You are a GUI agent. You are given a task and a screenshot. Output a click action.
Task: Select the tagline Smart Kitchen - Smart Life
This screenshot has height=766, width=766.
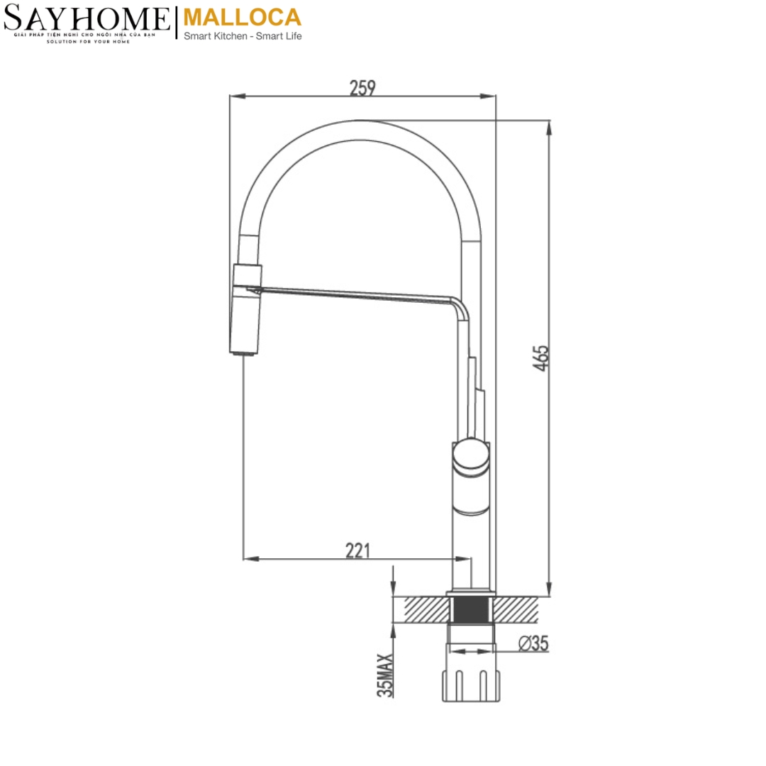(243, 36)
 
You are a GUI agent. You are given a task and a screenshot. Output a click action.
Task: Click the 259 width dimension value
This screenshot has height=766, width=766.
(362, 87)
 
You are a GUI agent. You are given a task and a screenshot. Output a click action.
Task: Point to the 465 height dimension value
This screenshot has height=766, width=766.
(540, 358)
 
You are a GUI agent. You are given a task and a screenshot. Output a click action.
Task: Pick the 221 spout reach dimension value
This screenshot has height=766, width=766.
(357, 550)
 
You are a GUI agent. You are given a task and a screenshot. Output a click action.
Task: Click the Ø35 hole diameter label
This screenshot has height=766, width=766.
(533, 643)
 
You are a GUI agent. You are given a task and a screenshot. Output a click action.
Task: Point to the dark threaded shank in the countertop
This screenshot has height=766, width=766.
(470, 609)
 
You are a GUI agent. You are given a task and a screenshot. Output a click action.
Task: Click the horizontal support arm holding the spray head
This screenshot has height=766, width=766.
(355, 294)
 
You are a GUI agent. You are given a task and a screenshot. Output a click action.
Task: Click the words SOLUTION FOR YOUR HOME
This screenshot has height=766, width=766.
(87, 42)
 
